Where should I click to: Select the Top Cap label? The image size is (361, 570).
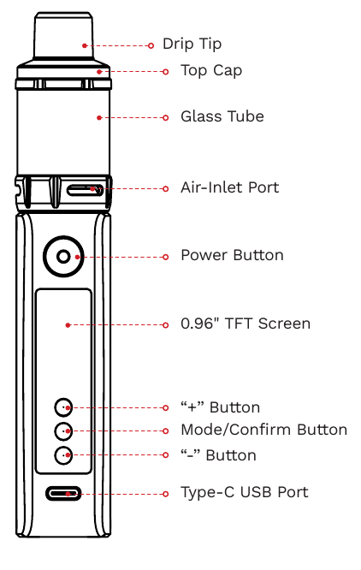[210, 71]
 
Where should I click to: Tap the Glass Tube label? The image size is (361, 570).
[222, 117]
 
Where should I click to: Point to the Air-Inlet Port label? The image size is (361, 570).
[229, 187]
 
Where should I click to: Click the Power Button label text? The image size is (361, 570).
[232, 256]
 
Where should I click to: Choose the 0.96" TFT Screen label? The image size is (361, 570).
[246, 324]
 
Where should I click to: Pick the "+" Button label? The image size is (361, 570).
[220, 407]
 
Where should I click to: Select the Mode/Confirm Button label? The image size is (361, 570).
[263, 430]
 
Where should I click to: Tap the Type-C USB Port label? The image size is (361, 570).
[244, 493]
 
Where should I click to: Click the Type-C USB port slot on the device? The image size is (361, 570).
[64, 494]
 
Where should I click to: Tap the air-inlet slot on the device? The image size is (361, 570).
[86, 189]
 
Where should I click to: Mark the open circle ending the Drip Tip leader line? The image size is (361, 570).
[151, 45]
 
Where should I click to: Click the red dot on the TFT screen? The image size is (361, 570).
[68, 324]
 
